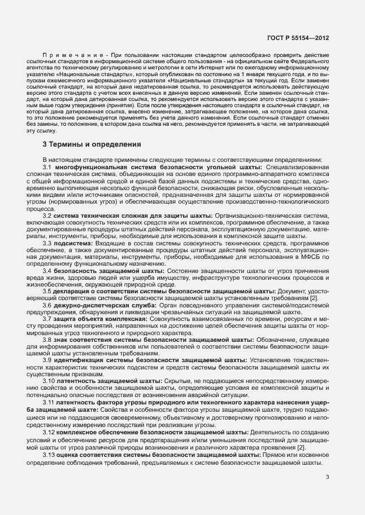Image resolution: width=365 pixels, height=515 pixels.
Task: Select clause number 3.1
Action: coord(47,168)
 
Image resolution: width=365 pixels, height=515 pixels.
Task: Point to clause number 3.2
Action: coord(47,216)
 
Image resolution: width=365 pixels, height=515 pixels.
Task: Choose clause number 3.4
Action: coord(47,271)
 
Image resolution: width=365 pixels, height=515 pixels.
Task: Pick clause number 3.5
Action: coord(47,291)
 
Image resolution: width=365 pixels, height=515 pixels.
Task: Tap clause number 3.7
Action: coord(47,319)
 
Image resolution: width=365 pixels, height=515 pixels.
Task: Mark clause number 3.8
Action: coord(47,340)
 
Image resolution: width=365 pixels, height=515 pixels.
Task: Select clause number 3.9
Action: coord(47,360)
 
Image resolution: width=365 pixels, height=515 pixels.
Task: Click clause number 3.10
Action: coord(49,381)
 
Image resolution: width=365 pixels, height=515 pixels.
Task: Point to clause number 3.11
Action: coord(49,402)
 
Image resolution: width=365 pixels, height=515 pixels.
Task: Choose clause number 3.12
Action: coord(49,432)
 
